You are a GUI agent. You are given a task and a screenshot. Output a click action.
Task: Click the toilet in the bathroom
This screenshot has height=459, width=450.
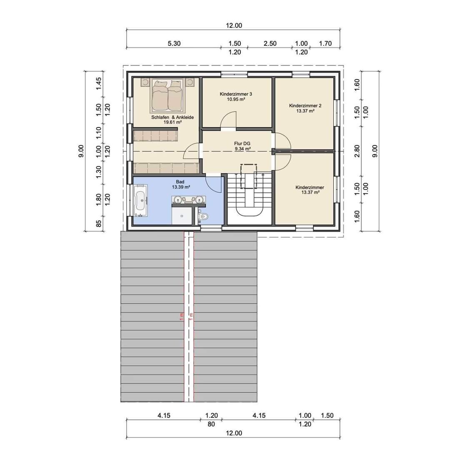coord(203,217)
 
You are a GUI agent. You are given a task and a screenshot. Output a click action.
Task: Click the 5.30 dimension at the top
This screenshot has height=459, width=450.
coord(174,44)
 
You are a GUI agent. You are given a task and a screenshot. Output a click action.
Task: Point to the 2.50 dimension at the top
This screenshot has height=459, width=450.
coord(270,44)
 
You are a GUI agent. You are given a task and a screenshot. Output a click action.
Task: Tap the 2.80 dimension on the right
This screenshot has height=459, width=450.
coord(357,151)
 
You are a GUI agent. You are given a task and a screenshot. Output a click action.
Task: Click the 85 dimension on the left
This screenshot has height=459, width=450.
coord(99,224)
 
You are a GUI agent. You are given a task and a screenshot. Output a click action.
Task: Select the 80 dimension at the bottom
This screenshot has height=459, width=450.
coord(211,424)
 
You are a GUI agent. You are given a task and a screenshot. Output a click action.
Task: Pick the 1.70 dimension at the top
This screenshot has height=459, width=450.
coord(325,44)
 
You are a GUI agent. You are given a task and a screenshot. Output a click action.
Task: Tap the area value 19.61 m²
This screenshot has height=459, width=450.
coord(172,122)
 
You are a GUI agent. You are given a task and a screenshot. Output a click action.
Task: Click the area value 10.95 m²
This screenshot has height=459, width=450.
coord(236,99)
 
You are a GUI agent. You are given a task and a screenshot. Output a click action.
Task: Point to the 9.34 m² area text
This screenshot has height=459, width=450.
coord(243,149)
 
